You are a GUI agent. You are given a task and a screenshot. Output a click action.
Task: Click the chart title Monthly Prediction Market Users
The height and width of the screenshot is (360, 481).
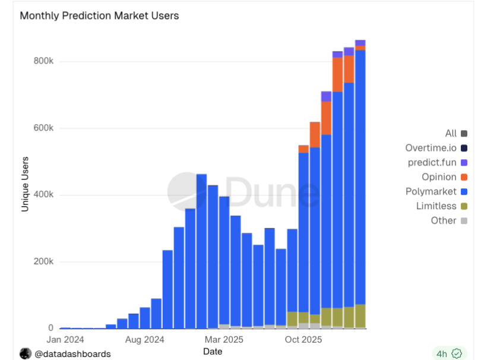99,16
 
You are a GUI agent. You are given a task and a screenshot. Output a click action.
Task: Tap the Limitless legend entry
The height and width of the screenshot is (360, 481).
436,206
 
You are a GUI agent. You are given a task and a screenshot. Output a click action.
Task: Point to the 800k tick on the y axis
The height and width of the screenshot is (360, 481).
43,62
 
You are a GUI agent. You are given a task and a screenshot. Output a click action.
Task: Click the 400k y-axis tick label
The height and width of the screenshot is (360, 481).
43,195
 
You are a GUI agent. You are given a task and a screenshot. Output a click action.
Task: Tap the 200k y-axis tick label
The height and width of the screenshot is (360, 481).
43,262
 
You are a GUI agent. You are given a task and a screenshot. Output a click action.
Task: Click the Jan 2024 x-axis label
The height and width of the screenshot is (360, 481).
65,340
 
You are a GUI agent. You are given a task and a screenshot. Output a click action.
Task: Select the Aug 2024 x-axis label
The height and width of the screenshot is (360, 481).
145,340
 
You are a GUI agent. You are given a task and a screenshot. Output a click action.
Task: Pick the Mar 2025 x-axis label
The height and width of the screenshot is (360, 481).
224,340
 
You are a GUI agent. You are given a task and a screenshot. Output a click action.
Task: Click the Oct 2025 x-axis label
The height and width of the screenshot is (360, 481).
303,340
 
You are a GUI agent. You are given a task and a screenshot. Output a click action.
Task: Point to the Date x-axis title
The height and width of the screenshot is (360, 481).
213,352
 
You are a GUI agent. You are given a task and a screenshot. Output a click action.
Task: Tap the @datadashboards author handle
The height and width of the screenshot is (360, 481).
72,354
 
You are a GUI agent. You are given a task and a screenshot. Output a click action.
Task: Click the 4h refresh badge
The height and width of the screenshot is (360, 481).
448,353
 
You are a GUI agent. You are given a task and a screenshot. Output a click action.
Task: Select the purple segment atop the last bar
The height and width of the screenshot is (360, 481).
360,43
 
